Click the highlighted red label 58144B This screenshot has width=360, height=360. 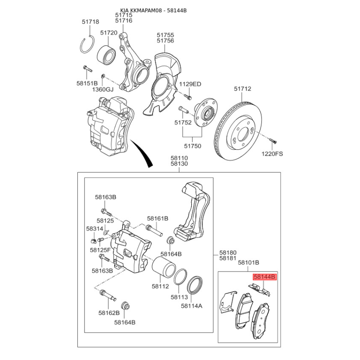[265, 277]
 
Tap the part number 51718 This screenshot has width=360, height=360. [90, 22]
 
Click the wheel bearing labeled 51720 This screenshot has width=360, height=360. [106, 54]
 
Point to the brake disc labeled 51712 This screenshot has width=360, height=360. [238, 130]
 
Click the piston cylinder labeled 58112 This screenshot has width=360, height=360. [163, 266]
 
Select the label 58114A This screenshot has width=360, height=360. [192, 306]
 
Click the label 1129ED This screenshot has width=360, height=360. [190, 84]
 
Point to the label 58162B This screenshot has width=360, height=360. [109, 313]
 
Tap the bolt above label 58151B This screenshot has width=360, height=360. [87, 68]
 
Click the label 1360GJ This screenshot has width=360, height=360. [103, 89]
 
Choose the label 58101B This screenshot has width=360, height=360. [248, 262]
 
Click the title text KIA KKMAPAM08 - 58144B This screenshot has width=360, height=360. [153, 10]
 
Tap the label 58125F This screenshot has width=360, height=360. [100, 250]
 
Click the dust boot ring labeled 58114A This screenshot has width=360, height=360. [195, 285]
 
